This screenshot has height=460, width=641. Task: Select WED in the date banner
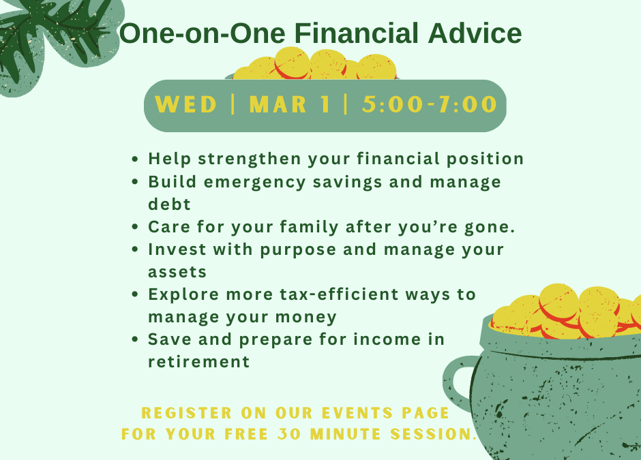186,105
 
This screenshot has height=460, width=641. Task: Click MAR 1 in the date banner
290,105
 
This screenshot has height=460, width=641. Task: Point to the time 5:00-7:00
430,105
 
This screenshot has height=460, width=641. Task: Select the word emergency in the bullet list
266,182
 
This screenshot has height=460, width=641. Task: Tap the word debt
169,204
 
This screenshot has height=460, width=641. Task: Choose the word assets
177,272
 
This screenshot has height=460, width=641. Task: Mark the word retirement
199,362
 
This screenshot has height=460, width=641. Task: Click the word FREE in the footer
245,434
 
